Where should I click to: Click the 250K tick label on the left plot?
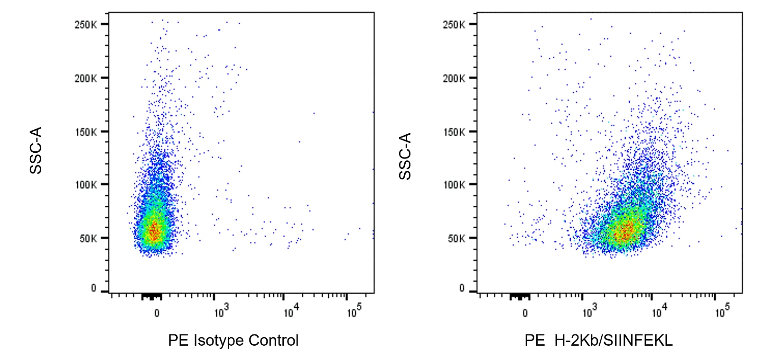click(85, 25)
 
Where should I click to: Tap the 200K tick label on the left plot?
click(85, 78)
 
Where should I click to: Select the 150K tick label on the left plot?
click(85, 132)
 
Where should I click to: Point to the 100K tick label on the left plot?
click(85, 185)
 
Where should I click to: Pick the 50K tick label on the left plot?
click(87, 239)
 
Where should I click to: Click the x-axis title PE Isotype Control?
click(233, 341)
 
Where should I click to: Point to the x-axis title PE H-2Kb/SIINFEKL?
click(598, 341)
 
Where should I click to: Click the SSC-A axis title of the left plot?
click(36, 150)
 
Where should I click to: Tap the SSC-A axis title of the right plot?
click(405, 156)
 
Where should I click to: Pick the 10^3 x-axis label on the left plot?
click(221, 311)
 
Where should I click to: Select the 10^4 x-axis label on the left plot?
click(291, 311)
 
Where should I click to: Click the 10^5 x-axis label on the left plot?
click(354, 311)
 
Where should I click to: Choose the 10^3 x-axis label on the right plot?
click(589, 311)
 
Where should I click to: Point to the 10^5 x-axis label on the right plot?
click(722, 311)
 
